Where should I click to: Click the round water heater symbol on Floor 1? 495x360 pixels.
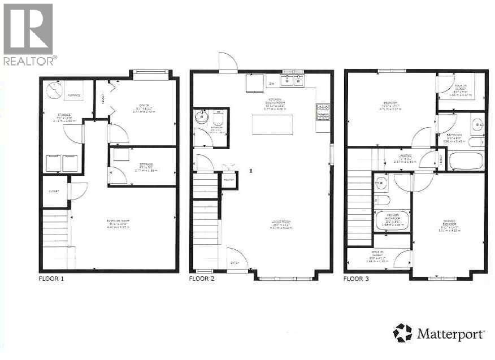point(54,89)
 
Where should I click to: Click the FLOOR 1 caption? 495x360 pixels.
point(51,279)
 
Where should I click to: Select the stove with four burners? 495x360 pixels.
point(323,111)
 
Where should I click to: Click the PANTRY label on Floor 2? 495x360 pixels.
point(229,179)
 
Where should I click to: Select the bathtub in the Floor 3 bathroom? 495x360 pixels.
point(466,160)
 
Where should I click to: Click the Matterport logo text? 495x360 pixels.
point(450,334)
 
